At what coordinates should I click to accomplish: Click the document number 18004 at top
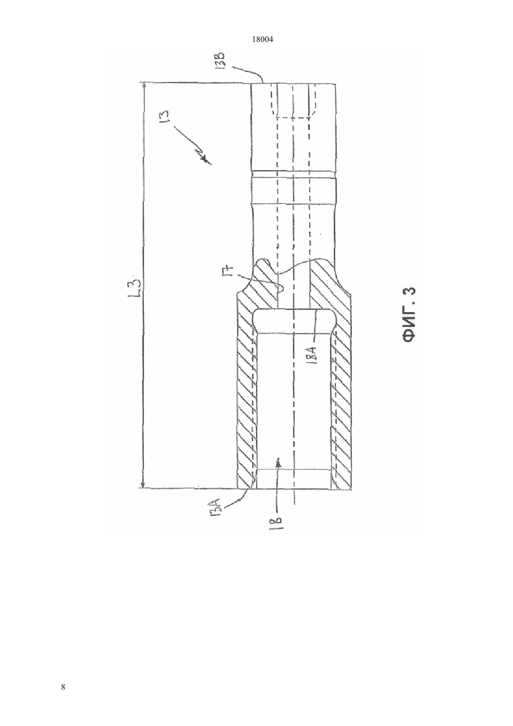(x=263, y=40)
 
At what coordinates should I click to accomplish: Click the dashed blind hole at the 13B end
(x=293, y=100)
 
